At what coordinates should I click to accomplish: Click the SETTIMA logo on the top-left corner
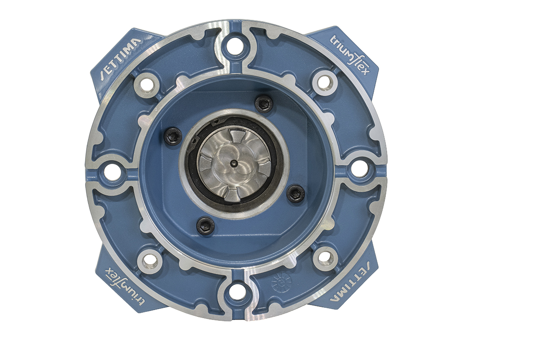pos(121,58)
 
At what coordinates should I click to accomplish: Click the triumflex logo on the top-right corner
pos(349,55)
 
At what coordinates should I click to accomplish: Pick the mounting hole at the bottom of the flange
pos(237,293)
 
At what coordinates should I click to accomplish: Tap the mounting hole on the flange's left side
pos(112,172)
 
